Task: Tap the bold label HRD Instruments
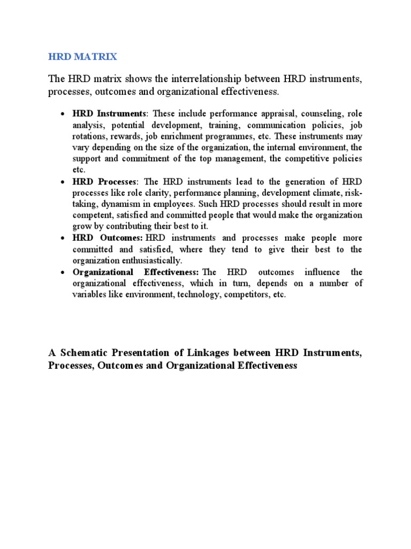[109, 114]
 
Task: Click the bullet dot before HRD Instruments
[63, 114]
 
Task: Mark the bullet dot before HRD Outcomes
[63, 238]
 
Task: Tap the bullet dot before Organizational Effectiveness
[63, 272]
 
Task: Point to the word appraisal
[272, 114]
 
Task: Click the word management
[238, 159]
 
